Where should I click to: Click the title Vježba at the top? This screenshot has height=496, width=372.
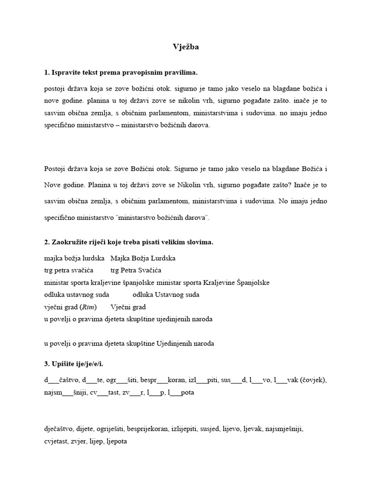click(x=186, y=47)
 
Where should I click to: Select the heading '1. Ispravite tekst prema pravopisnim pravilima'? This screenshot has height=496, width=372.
click(x=121, y=73)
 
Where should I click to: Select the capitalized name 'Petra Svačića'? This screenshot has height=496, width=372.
click(x=143, y=270)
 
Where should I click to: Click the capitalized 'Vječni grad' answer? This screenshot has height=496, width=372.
click(x=128, y=307)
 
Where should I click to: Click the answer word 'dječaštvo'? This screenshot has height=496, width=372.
click(x=59, y=429)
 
